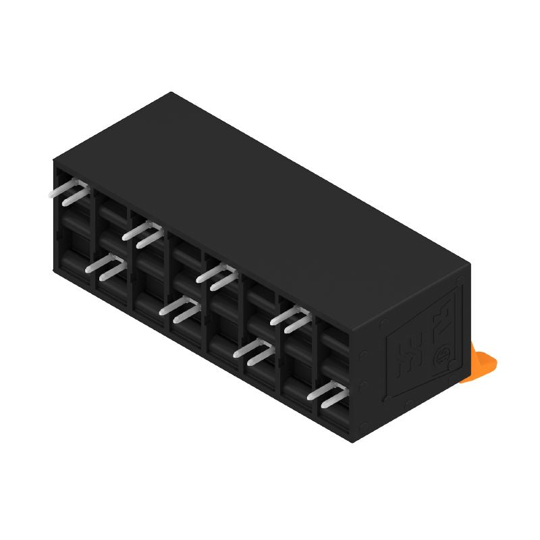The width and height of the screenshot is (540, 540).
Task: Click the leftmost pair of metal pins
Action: tap(70, 194)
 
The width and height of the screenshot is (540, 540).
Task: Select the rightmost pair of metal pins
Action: tap(327, 394)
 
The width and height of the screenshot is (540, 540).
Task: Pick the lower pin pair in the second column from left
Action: tap(106, 267)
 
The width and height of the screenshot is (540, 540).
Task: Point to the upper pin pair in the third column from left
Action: tap(143, 234)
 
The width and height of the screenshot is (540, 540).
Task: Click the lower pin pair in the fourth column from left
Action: tap(180, 309)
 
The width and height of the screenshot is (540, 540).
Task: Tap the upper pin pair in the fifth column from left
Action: tap(217, 275)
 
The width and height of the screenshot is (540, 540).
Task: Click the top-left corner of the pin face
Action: tap(54, 160)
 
